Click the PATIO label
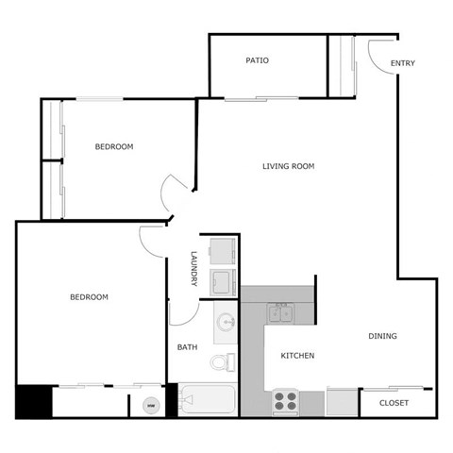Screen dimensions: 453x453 257,60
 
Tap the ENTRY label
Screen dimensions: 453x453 403,64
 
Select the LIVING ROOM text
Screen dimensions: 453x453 288,166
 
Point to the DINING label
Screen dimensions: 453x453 382,336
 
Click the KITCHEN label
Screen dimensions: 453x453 297,356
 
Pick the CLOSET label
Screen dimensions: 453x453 394,403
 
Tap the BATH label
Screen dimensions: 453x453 188,347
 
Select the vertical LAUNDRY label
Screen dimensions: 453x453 193,269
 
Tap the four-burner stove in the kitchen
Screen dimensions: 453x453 286,402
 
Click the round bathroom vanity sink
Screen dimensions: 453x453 226,323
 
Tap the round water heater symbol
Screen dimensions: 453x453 149,406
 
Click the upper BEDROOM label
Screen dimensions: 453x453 114,146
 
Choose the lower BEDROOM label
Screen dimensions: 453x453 89,297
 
